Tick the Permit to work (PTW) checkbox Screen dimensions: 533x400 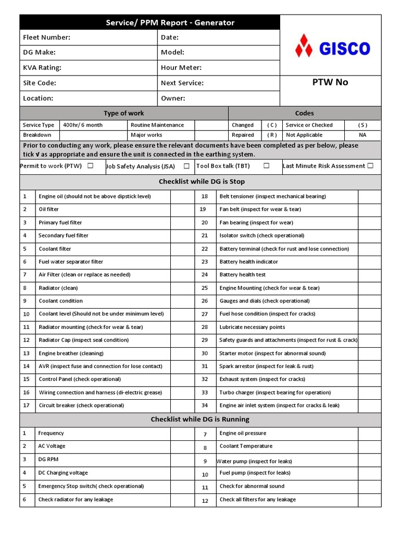tap(91, 166)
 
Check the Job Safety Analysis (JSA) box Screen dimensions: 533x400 tap(186, 166)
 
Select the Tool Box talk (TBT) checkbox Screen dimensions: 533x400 tap(266, 166)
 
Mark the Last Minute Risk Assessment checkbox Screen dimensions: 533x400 tap(370, 166)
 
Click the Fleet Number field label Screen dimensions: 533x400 tap(46, 37)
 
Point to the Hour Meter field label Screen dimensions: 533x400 tap(181, 68)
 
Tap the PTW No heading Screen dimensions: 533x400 tap(330, 82)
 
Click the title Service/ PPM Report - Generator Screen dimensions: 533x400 tap(170, 23)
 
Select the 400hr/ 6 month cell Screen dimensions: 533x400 tap(83, 125)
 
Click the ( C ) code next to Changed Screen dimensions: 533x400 tap(272, 125)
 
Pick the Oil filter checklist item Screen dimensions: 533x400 tap(49, 209)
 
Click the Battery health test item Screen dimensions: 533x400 tap(243, 274)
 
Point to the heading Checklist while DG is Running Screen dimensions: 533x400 tap(200, 419)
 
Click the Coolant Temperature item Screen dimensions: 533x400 tap(246, 446)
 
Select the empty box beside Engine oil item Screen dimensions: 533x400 tap(182, 196)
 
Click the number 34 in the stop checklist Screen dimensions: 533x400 tap(204, 405)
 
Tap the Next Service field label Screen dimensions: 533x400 tap(182, 83)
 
